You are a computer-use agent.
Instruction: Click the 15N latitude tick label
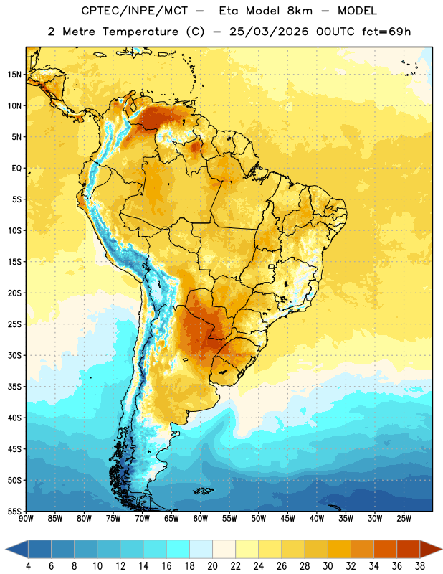(x=14, y=75)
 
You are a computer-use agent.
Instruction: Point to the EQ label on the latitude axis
(x=16, y=169)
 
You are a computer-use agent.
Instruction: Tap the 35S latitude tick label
(x=14, y=387)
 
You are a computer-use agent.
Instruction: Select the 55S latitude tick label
(x=14, y=512)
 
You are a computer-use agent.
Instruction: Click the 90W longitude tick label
(x=26, y=519)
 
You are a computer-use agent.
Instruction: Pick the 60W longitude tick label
(x=201, y=519)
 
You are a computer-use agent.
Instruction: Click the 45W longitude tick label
(x=287, y=519)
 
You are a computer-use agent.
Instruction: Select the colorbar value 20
(x=212, y=566)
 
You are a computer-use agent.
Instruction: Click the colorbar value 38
(x=420, y=566)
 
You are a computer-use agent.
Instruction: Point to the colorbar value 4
(x=28, y=566)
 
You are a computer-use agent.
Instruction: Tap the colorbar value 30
(x=328, y=566)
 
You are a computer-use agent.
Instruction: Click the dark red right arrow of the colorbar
(x=430, y=550)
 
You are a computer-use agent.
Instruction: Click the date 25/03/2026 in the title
(x=269, y=32)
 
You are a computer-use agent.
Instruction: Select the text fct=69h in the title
(x=386, y=32)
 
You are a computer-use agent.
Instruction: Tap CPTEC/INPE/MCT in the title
(x=135, y=11)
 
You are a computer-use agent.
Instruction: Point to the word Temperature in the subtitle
(x=140, y=32)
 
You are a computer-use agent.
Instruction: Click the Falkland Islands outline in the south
(x=203, y=491)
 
